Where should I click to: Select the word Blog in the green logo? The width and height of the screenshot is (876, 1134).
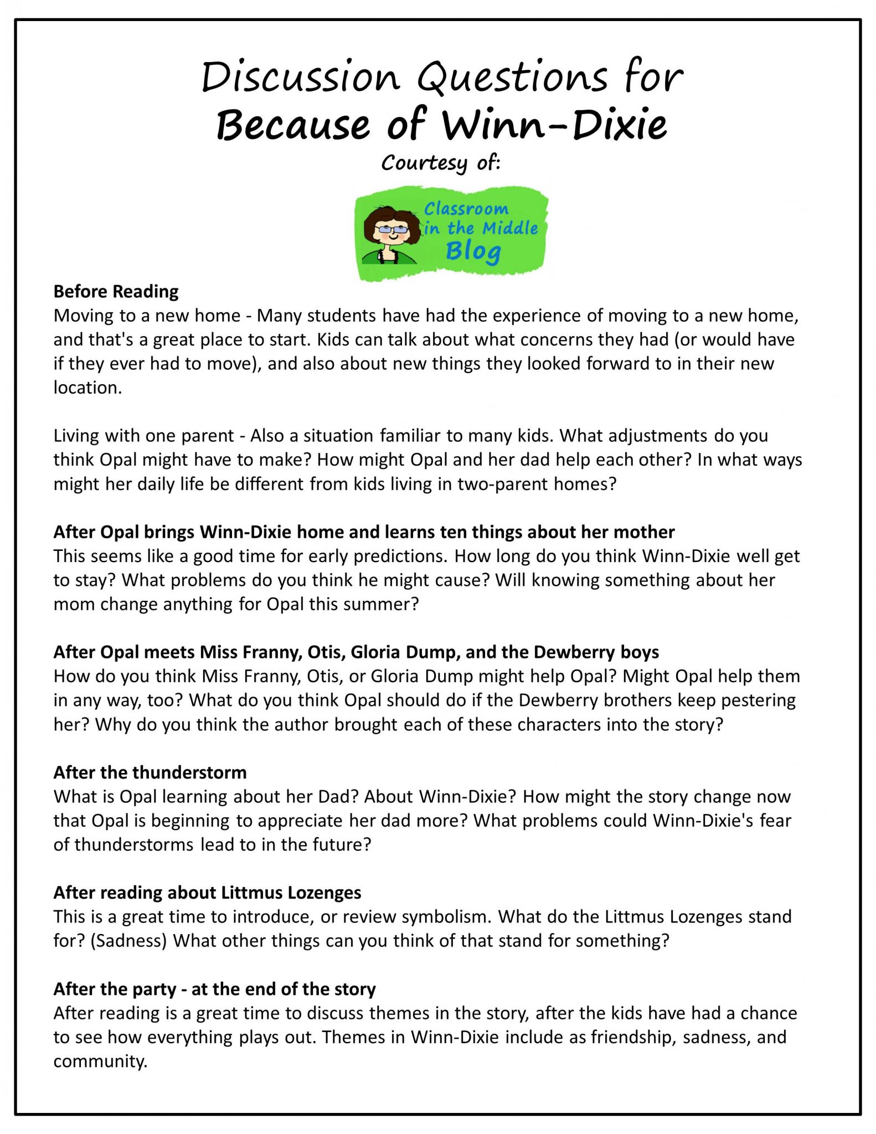point(473,251)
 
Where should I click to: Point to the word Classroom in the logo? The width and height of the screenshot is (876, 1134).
point(466,209)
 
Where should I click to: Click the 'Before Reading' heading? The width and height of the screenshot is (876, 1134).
point(116,291)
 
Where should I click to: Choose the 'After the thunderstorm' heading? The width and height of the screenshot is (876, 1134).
point(150,772)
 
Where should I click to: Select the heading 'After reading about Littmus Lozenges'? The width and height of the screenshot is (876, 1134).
point(207,892)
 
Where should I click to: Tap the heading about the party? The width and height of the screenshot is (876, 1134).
point(214,988)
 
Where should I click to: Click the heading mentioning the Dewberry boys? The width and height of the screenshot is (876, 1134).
point(356,652)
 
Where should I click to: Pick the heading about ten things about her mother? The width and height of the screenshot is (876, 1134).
point(364,532)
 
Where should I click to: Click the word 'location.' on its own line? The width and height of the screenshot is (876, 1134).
point(87,388)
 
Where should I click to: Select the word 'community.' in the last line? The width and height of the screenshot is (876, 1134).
point(100,1061)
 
